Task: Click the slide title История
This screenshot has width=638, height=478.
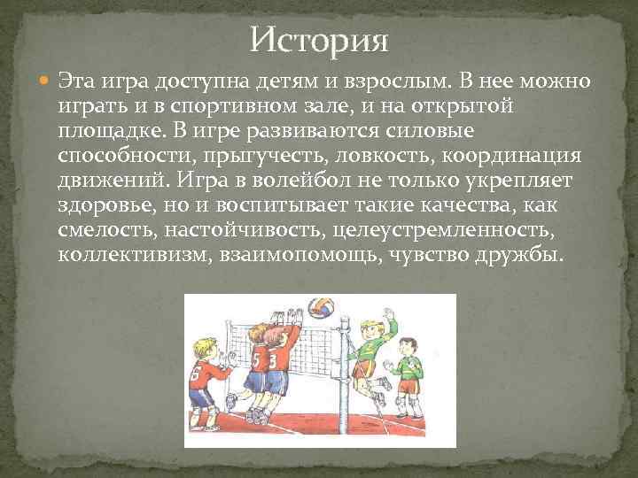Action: point(319,40)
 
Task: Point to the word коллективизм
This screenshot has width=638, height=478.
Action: point(121,255)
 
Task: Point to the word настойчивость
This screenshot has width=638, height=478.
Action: point(258,230)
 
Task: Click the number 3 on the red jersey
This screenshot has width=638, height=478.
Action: point(271,361)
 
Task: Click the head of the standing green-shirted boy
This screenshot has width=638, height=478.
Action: point(407,344)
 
